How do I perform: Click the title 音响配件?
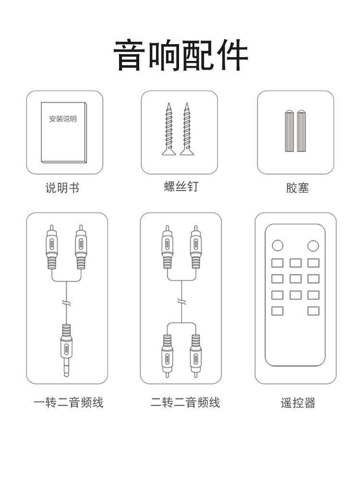pos(180,56)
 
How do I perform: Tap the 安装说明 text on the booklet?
pos(62,119)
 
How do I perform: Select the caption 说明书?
pos(62,188)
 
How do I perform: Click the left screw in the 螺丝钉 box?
pos(168,129)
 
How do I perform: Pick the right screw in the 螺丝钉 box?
pos(186,129)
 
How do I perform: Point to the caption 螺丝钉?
pos(180,187)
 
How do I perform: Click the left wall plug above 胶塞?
pos(289,131)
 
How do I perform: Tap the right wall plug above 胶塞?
pos(301,131)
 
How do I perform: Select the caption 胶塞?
pos(297,188)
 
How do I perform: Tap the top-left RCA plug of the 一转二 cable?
pos(52,248)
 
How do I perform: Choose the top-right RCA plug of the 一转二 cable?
pos(81,248)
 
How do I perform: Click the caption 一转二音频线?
pos(69,402)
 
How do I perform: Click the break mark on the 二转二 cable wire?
pos(181,301)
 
